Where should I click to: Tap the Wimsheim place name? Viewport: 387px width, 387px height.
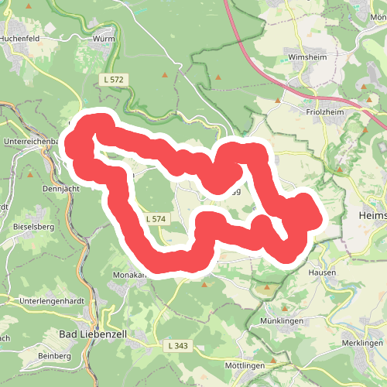303,57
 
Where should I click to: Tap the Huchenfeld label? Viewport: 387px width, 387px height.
21,36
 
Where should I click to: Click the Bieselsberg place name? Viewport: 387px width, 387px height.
33,228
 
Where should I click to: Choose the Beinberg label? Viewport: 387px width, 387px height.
53,356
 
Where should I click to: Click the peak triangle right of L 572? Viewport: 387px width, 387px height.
164,75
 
